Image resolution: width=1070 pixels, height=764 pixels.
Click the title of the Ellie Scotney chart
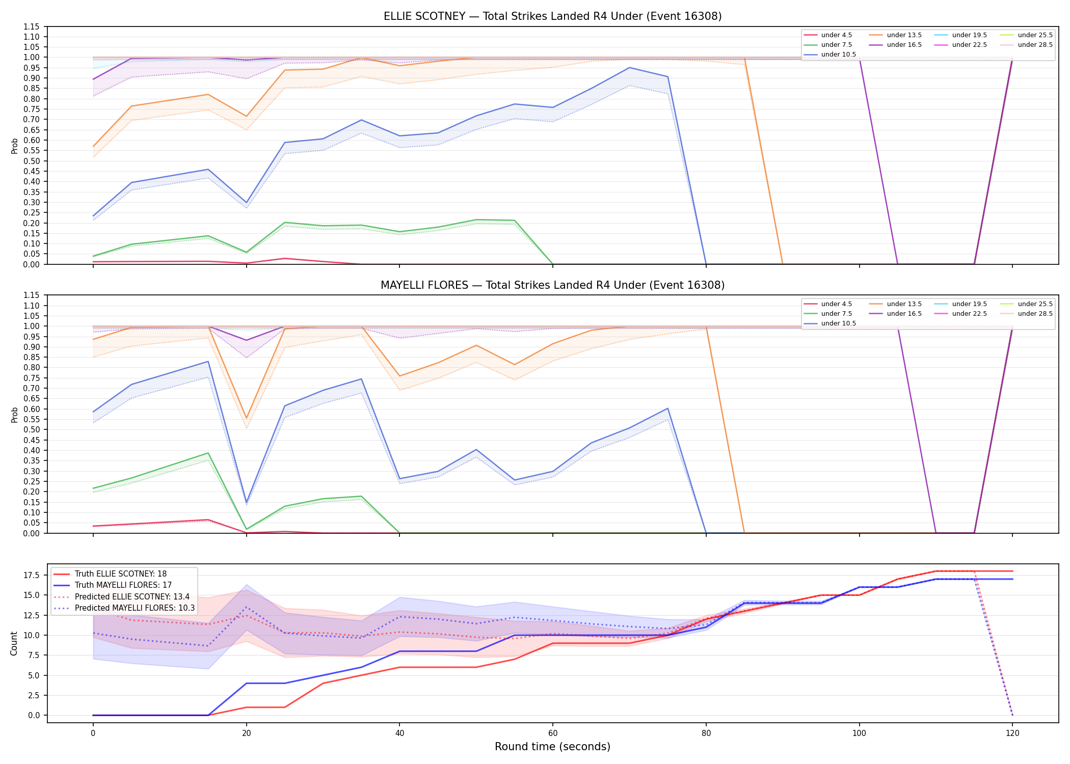point(552,16)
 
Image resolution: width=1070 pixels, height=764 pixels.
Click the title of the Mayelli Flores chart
point(552,285)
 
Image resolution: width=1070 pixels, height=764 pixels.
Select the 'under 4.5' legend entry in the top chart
point(828,35)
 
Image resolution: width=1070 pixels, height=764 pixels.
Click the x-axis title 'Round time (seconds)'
point(552,747)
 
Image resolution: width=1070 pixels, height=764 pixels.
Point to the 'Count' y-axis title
point(14,643)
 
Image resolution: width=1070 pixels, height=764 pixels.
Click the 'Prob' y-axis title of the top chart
point(15,146)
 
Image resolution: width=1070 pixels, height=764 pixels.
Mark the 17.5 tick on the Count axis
point(32,575)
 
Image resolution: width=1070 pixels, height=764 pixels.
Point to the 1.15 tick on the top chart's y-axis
point(32,26)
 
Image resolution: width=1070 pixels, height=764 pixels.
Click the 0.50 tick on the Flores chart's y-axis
point(32,429)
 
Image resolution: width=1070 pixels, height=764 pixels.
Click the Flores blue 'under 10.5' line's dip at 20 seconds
point(247,502)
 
